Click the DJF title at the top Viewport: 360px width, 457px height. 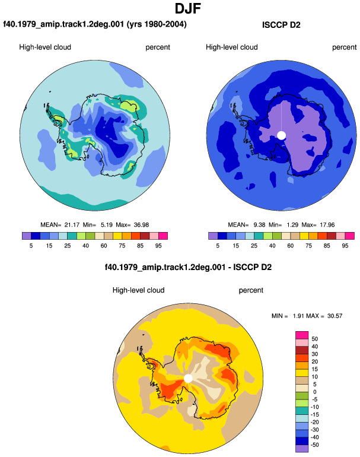188,9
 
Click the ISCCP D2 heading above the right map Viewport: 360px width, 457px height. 281,25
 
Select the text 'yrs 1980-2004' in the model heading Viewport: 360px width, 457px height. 157,24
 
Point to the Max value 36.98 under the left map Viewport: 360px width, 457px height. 141,225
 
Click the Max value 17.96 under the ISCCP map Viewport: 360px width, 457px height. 327,225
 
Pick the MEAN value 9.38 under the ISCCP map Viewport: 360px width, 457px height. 259,225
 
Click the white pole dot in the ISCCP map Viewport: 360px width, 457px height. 281,135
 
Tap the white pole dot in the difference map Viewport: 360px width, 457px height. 188,379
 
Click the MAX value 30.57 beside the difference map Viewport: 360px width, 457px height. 335,316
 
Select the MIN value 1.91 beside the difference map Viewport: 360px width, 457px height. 298,316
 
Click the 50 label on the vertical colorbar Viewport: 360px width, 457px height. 314,339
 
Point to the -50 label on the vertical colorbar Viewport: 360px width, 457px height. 314,445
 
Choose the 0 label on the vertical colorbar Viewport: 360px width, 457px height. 314,392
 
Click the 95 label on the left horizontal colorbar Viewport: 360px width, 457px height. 158,246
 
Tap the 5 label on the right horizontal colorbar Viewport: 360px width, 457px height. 218,246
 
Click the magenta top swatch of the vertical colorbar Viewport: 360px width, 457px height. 302,335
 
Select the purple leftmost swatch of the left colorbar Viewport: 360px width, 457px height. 27,236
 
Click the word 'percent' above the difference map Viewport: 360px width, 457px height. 251,290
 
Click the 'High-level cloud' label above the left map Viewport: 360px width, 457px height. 45,47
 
